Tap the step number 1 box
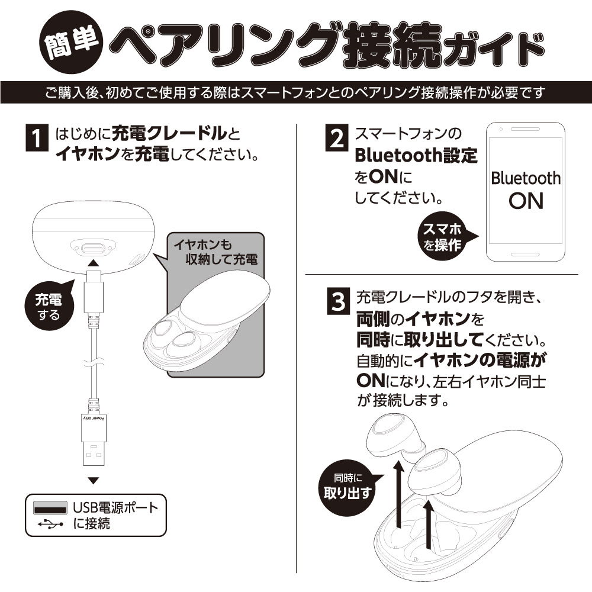pos(37,140)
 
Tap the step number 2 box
pos(336,139)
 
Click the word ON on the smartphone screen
pos(525,201)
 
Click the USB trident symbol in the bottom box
pos(50,524)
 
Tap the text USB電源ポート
pos(116,508)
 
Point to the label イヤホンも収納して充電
pos(216,252)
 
